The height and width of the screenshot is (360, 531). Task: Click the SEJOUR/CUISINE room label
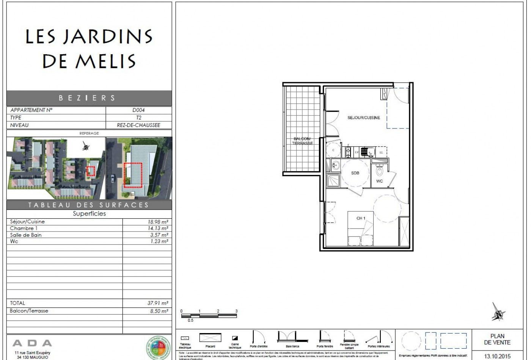[x=363, y=118]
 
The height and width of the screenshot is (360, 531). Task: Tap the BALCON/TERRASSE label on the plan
[x=302, y=141]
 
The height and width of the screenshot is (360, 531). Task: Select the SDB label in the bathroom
[x=355, y=173]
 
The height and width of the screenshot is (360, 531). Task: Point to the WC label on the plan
[x=379, y=181]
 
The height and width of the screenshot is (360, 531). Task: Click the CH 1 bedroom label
[x=361, y=218]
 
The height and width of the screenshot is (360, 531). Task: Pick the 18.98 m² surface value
[x=158, y=222]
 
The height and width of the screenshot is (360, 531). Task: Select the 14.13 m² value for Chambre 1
[x=158, y=229]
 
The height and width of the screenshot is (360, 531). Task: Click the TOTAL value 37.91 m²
[x=157, y=303]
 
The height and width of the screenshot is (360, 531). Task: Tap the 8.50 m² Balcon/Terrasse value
[x=159, y=311]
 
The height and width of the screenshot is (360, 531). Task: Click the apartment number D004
[x=138, y=110]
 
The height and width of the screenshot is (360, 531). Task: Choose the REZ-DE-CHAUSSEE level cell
[x=138, y=125]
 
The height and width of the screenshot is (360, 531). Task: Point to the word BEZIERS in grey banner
[x=87, y=98]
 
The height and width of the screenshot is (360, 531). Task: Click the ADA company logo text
[x=32, y=343]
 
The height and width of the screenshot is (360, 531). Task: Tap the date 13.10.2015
[x=497, y=356]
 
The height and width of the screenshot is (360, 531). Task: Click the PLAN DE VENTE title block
[x=497, y=339]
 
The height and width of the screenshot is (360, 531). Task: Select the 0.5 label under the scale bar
[x=190, y=321]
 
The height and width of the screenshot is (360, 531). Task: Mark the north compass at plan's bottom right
[x=498, y=312]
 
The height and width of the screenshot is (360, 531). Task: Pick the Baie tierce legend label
[x=292, y=346]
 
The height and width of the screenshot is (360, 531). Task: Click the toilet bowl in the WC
[x=380, y=171]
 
